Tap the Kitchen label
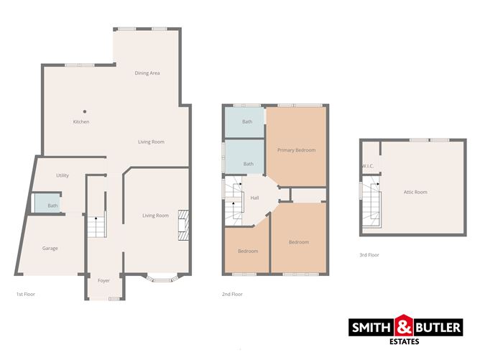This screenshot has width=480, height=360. (x=81, y=122)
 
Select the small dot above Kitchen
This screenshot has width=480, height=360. (x=84, y=111)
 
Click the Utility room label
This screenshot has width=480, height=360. (x=62, y=175)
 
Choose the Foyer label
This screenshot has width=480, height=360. (x=103, y=280)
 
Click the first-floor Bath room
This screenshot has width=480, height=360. (x=52, y=206)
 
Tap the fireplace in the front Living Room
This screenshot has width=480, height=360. (x=183, y=224)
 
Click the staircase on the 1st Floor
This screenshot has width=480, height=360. (x=96, y=228)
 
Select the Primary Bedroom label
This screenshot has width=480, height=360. (x=297, y=149)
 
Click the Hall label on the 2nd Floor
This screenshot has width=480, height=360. (x=254, y=198)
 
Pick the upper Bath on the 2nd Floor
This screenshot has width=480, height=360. (x=247, y=122)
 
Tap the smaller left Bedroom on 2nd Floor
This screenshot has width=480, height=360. (x=248, y=251)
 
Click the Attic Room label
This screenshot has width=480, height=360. (x=415, y=192)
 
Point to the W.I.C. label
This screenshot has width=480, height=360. (x=367, y=167)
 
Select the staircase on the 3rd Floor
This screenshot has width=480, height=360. (x=371, y=204)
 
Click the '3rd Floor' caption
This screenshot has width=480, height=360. (x=369, y=255)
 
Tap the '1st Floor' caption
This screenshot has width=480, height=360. (x=25, y=294)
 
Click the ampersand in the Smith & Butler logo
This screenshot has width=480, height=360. (x=403, y=328)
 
